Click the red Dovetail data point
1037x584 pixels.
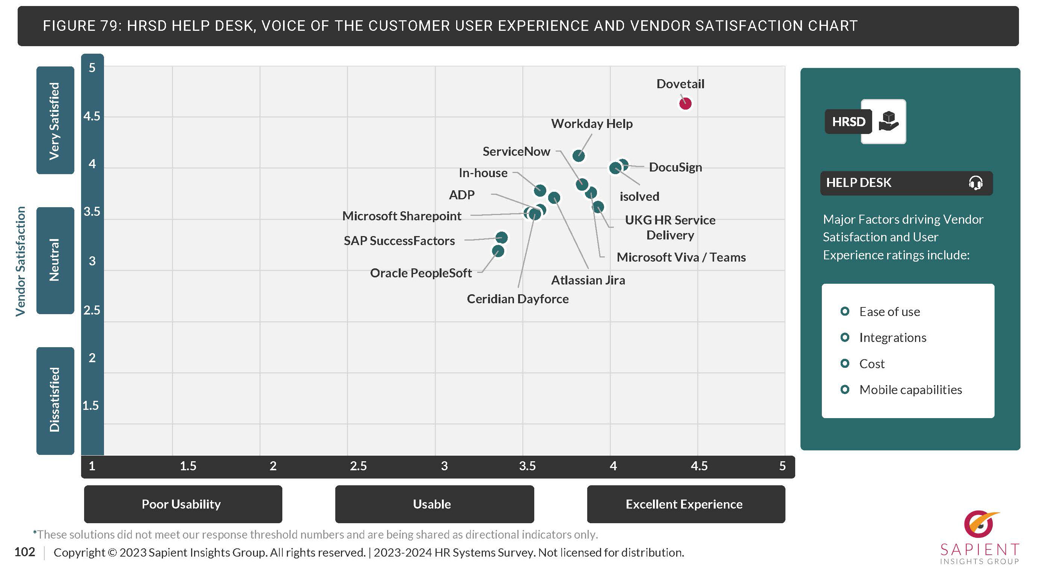(685, 104)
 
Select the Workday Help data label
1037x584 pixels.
(591, 123)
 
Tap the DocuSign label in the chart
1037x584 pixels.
(675, 167)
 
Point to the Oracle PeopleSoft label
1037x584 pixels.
(421, 273)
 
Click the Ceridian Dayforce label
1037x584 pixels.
(518, 299)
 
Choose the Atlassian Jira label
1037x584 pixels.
(588, 280)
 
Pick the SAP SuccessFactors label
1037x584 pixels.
(399, 241)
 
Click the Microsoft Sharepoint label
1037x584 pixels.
(401, 216)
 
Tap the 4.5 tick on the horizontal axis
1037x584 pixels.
(699, 466)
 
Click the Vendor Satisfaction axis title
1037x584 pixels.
(21, 261)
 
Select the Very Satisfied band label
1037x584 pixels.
(55, 121)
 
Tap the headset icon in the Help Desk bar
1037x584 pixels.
(975, 183)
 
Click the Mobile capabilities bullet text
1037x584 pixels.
(910, 390)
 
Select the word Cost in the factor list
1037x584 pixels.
(871, 364)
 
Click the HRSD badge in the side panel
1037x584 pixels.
(849, 122)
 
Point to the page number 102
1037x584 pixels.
(24, 552)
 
